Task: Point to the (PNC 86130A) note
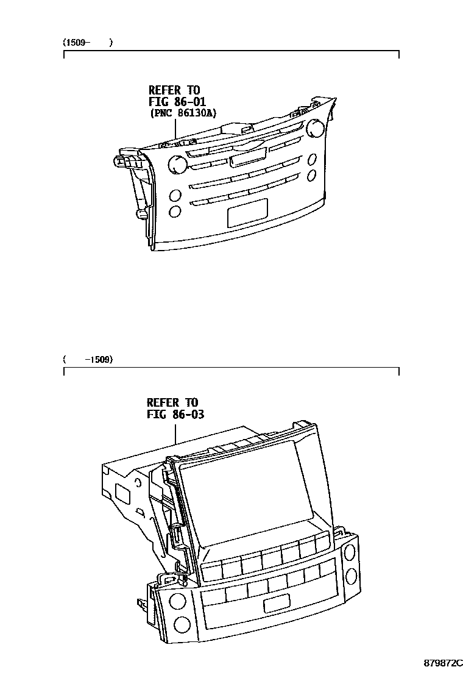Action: [183, 113]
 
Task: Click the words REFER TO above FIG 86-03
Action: [172, 402]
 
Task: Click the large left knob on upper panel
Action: [177, 163]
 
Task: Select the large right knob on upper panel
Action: [316, 127]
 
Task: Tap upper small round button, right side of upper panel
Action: [313, 159]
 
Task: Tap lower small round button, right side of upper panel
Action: [312, 176]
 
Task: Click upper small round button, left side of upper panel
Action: [175, 196]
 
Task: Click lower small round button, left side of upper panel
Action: [175, 212]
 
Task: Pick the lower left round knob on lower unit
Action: [180, 624]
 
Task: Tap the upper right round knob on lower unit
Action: [350, 552]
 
